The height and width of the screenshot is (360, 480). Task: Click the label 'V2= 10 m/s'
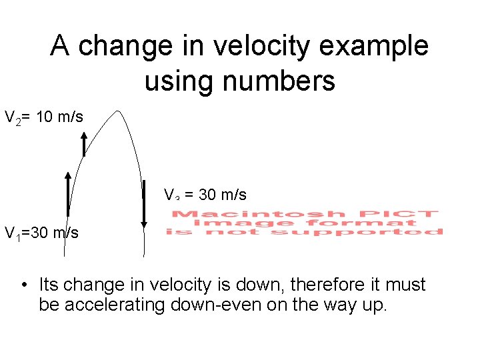pyautogui.click(x=44, y=118)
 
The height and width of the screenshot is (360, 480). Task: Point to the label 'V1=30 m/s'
pyautogui.click(x=41, y=233)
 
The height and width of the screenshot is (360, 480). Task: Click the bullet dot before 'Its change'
pyautogui.click(x=23, y=285)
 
